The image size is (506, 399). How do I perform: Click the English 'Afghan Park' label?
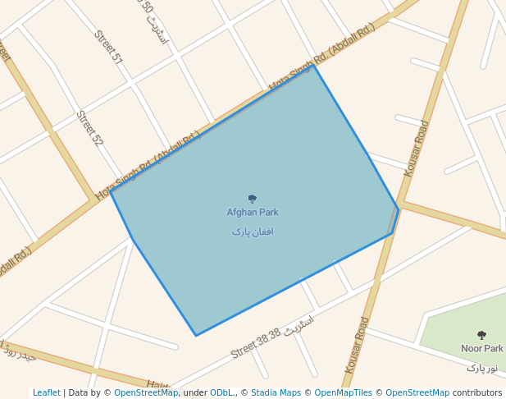(x=253, y=212)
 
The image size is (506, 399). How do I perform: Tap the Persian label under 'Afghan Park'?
(x=253, y=232)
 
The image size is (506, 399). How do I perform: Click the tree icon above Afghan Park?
(x=253, y=199)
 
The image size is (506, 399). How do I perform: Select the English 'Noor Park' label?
(x=481, y=348)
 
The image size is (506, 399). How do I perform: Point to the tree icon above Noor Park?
(x=481, y=335)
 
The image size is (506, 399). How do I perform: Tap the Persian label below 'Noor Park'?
(x=481, y=367)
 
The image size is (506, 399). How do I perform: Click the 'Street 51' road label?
(x=108, y=48)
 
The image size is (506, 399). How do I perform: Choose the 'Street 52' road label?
(x=90, y=129)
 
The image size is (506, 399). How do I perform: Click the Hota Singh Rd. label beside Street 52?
(x=148, y=166)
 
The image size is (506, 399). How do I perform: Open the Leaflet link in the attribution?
(x=47, y=392)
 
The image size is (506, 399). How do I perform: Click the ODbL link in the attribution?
(x=222, y=392)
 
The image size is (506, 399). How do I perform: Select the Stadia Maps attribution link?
(x=276, y=392)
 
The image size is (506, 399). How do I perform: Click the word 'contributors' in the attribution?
(x=477, y=392)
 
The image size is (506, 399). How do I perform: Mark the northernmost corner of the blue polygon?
(x=313, y=65)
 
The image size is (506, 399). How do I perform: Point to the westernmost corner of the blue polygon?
(x=111, y=191)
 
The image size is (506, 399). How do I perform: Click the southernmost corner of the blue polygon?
(x=196, y=335)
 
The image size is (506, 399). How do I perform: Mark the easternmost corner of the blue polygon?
(x=399, y=209)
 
